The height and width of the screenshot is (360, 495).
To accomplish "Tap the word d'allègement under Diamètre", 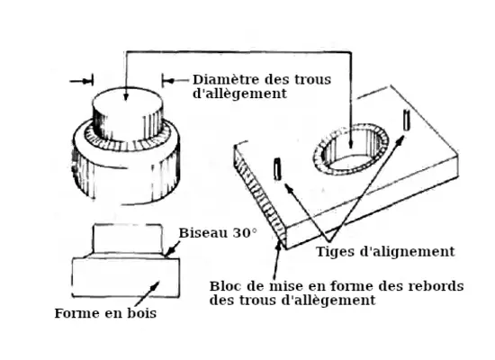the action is click(x=239, y=94).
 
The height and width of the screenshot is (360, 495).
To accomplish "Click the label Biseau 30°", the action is click(x=218, y=233).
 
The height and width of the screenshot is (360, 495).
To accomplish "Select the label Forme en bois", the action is click(x=105, y=313).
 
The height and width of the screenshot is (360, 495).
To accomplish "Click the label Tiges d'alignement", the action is click(x=385, y=252).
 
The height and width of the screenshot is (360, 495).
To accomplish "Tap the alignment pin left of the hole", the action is click(x=277, y=169).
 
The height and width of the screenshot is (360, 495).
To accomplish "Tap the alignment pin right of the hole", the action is click(x=407, y=120).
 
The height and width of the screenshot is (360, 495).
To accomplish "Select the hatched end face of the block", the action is click(x=260, y=196).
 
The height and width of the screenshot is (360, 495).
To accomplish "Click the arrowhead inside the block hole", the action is click(x=350, y=144).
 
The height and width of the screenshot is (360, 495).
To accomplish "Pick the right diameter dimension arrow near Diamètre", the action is click(x=175, y=81).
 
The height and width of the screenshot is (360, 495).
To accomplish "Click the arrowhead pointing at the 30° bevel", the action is click(x=169, y=252).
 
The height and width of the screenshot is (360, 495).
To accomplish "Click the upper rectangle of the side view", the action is click(x=128, y=239).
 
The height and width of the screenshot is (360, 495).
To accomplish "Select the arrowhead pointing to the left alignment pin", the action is click(x=289, y=188).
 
